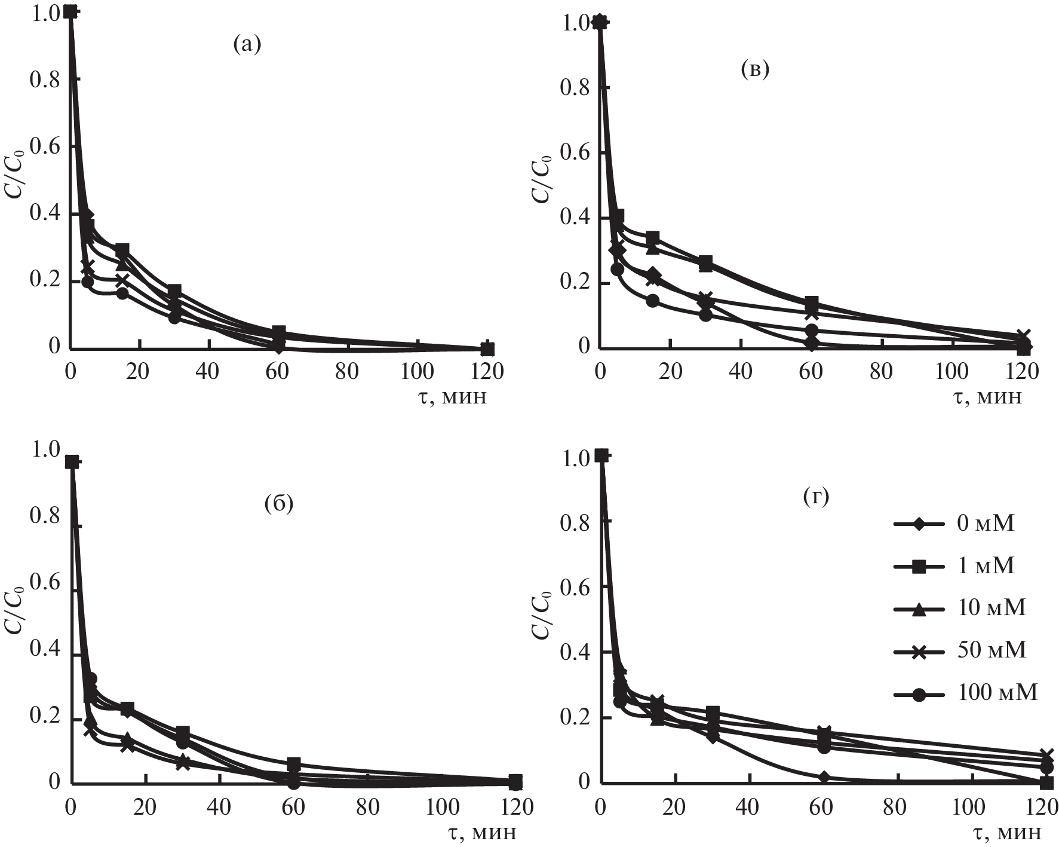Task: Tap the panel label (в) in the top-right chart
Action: [x=754, y=71]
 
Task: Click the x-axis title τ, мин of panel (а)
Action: [x=452, y=396]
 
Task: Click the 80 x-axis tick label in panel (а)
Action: [x=346, y=372]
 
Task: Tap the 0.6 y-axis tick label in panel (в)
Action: [x=576, y=153]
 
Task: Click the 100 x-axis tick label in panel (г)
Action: [x=969, y=807]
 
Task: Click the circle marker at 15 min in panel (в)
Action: [x=653, y=301]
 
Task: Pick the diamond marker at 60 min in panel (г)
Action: [x=825, y=777]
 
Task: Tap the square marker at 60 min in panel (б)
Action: [x=293, y=764]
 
